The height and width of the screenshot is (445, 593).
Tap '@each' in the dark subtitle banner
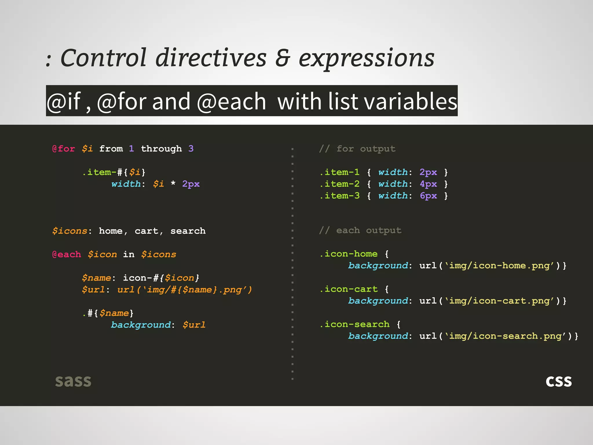pyautogui.click(x=231, y=101)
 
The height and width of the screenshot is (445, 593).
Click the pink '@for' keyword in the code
pyautogui.click(x=63, y=149)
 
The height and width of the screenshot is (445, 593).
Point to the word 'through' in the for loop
pyautogui.click(x=161, y=149)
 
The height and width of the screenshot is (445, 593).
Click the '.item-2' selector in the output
pyautogui.click(x=340, y=184)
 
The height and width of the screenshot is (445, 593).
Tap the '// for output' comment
pyautogui.click(x=357, y=149)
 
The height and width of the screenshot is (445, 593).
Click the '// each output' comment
pyautogui.click(x=360, y=231)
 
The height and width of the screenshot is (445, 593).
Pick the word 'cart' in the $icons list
pyautogui.click(x=147, y=231)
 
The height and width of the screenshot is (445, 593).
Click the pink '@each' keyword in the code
pyautogui.click(x=66, y=254)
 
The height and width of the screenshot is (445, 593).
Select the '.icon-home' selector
pyautogui.click(x=349, y=254)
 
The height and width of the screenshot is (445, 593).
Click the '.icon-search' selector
pyautogui.click(x=355, y=324)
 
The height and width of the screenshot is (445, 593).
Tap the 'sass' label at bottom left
pyautogui.click(x=73, y=381)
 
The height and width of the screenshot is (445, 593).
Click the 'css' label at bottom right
pyautogui.click(x=559, y=381)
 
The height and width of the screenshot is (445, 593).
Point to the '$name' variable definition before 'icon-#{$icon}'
pyautogui.click(x=96, y=278)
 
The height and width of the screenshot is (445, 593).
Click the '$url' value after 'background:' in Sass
pyautogui.click(x=194, y=325)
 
